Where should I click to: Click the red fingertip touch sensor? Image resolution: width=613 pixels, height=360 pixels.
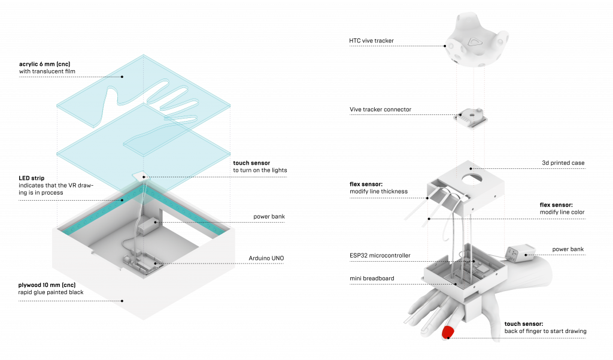[448, 332]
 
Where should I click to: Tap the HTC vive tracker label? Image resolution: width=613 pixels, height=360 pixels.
[371, 41]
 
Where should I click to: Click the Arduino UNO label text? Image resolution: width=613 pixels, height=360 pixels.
[266, 258]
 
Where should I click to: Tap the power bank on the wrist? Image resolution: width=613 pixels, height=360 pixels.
[520, 253]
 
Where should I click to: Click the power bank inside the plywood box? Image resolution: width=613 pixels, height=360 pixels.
[147, 226]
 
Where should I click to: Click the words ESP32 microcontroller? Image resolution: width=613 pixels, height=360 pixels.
[380, 256]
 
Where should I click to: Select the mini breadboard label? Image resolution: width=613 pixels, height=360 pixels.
[372, 279]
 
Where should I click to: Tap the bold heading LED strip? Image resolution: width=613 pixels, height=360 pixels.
[32, 179]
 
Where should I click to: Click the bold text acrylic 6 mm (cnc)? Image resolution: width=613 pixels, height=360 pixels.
[44, 64]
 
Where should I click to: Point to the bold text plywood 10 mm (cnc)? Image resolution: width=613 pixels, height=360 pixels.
[47, 285]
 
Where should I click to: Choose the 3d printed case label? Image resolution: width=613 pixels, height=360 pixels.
[563, 163]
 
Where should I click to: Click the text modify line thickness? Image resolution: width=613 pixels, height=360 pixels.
[378, 191]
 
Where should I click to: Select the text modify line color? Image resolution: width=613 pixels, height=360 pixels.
[562, 212]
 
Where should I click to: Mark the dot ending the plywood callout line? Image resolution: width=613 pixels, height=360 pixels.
[122, 301]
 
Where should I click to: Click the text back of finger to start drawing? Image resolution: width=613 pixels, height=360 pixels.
[545, 331]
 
